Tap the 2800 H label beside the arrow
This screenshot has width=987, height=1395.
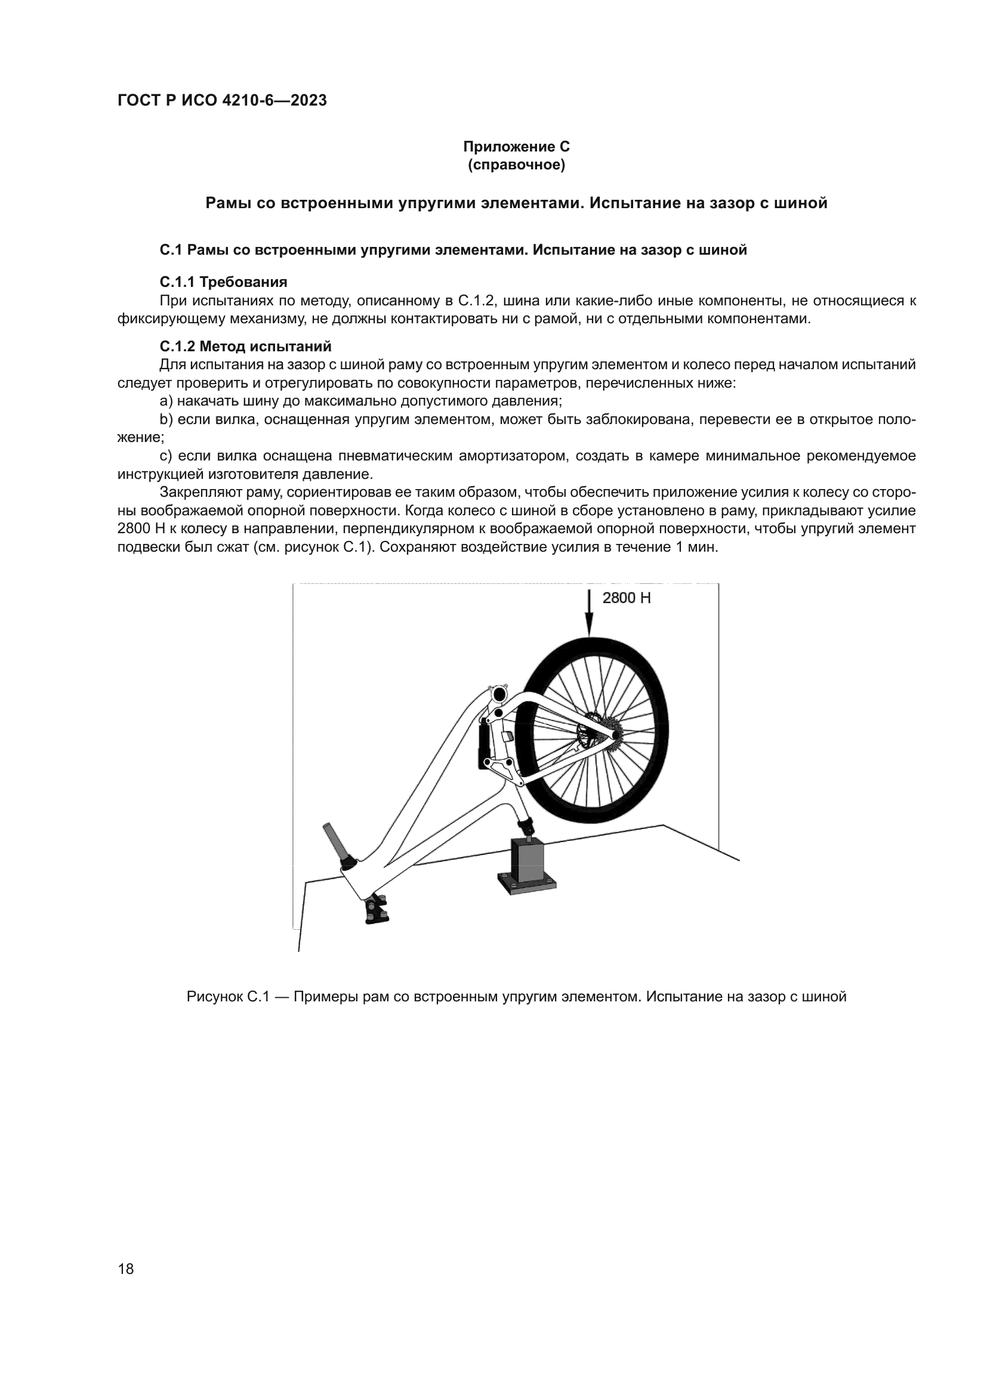[x=626, y=598]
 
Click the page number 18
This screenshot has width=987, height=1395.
[x=126, y=1269]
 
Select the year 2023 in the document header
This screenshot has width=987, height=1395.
[x=309, y=101]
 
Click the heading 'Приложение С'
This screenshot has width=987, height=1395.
[x=517, y=147]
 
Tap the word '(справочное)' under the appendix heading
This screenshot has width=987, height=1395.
[x=517, y=165]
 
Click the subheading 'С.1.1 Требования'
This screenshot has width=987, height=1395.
[x=223, y=283]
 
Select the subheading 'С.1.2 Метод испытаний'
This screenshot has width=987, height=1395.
[x=245, y=347]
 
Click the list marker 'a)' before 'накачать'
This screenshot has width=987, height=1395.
[x=166, y=401]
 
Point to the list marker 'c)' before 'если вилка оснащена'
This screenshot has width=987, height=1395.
[x=166, y=456]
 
